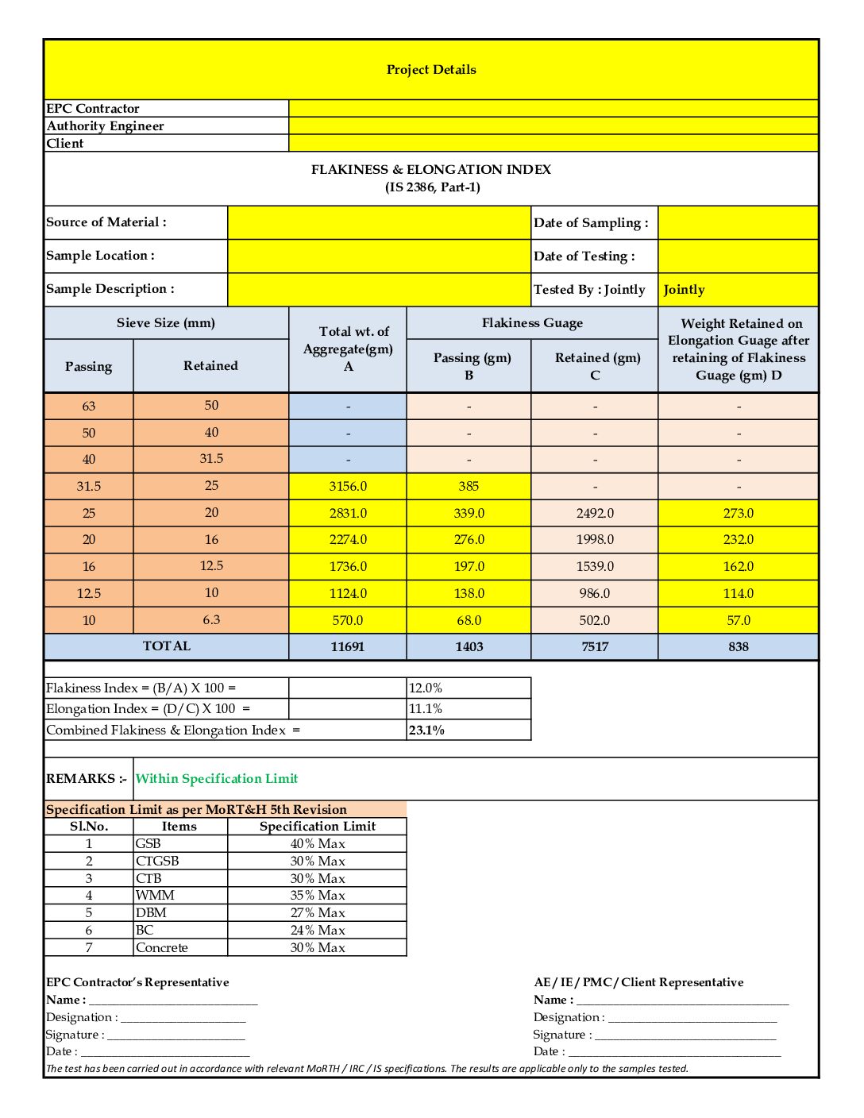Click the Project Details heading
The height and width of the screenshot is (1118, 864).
click(x=431, y=70)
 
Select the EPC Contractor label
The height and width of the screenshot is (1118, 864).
click(x=93, y=109)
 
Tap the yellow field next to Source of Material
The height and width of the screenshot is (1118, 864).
click(x=379, y=223)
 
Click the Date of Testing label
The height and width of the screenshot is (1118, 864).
click(x=584, y=256)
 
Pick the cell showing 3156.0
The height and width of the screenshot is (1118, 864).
click(x=348, y=487)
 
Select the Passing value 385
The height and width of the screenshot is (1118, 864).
click(x=469, y=487)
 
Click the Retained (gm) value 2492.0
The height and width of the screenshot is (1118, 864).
click(x=594, y=514)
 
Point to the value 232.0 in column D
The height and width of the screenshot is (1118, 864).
click(x=738, y=540)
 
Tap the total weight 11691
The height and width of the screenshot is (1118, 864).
click(x=348, y=647)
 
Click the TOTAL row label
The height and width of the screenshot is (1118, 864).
click(x=167, y=646)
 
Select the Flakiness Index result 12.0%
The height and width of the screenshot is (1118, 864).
click(x=426, y=688)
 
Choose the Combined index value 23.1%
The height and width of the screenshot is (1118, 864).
click(x=426, y=731)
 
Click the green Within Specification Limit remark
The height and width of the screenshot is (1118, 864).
click(x=217, y=779)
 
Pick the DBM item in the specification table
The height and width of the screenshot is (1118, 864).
click(x=151, y=913)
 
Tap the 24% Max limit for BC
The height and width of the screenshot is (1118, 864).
click(x=318, y=931)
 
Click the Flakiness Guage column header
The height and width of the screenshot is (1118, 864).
click(x=532, y=323)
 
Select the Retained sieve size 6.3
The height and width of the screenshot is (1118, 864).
click(x=211, y=620)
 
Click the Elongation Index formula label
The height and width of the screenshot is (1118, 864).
click(x=148, y=709)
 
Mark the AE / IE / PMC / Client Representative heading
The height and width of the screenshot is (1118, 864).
click(x=638, y=983)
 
